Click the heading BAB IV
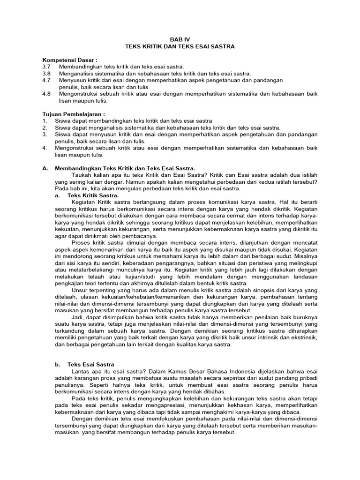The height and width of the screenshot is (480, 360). click(180, 40)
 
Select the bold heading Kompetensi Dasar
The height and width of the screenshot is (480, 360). click(70, 60)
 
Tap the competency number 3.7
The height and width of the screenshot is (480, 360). click(46, 67)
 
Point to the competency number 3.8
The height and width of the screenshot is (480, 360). click(46, 74)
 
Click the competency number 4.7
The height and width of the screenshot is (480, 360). click(46, 80)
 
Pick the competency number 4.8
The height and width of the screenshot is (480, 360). click(46, 94)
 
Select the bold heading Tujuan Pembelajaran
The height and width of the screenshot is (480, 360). click(74, 114)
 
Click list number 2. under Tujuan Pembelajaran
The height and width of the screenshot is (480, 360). click(44, 127)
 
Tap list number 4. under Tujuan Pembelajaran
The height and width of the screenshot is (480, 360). click(44, 148)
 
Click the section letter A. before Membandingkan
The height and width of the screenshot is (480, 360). click(45, 168)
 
